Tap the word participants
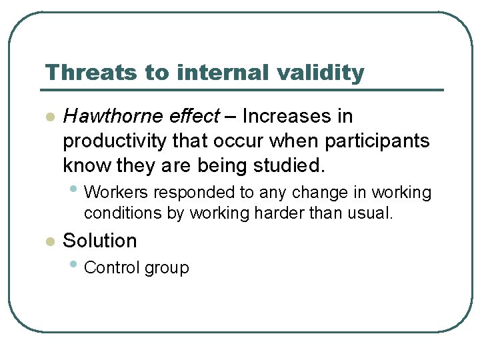coord(377,141)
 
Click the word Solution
coord(99,241)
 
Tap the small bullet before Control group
coord(73,265)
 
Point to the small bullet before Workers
coord(73,189)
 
